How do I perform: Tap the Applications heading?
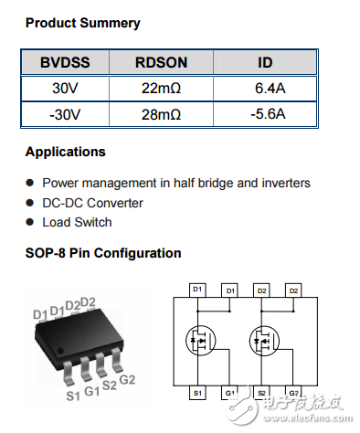65,152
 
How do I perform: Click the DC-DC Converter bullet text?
92,203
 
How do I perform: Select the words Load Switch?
77,222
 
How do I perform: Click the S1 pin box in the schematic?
196,393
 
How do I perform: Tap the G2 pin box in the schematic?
294,393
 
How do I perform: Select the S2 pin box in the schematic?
261,393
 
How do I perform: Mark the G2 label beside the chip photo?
127,380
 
